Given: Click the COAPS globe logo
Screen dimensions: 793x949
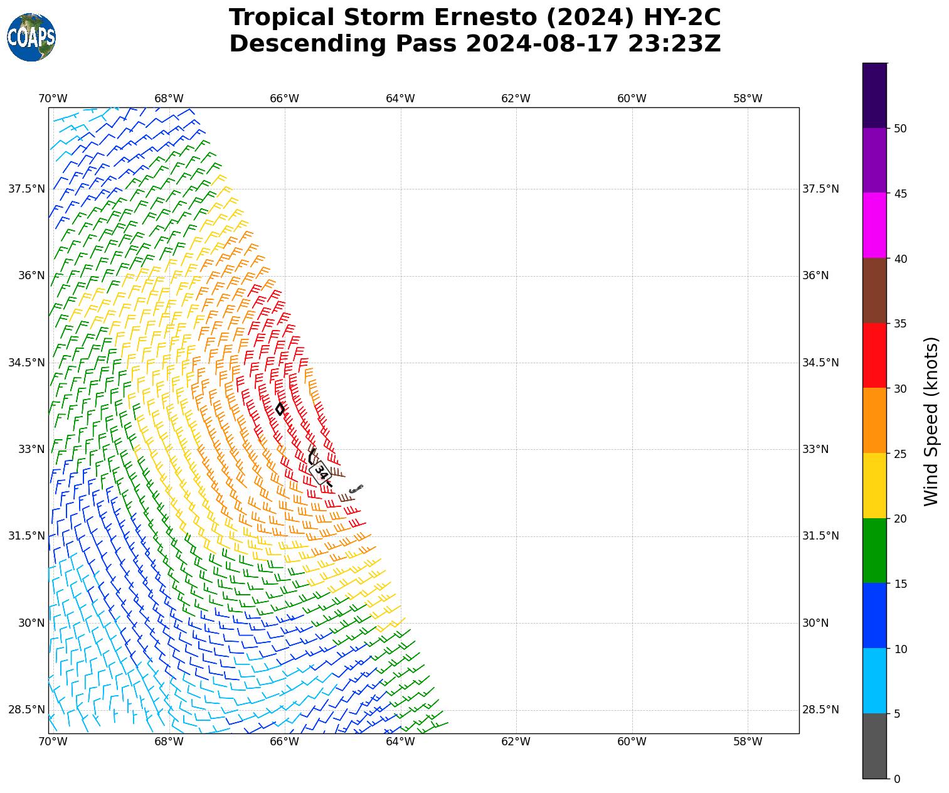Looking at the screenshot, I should pos(31,37).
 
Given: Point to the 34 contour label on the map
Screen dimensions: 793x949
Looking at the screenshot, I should pos(320,472).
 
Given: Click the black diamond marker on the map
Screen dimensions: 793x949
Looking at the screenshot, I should pos(280,408).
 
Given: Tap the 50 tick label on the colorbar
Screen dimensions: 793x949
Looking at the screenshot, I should pos(900,129).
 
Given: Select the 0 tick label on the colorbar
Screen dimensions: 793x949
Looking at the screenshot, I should pos(897,779).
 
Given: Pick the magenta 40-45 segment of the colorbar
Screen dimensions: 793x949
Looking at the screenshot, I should pos(874,225).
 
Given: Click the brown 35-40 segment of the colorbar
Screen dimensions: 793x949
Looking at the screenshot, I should pos(874,290).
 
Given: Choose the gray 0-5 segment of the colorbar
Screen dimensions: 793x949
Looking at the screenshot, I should pos(874,746).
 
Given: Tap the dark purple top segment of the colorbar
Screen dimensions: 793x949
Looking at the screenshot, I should pos(874,95).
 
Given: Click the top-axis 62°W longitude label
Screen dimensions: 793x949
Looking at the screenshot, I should pos(516,98).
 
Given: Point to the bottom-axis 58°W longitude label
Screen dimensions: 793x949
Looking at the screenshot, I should pos(748,742).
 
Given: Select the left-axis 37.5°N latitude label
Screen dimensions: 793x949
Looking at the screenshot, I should pos(26,189).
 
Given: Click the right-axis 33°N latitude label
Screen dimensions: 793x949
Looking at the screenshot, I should pos(815,449).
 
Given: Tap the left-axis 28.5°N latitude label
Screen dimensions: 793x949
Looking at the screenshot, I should pos(26,710).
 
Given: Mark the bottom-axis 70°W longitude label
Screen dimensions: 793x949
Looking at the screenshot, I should pos(53,742).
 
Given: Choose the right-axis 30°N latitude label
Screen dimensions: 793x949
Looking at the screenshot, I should pos(815,623).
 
